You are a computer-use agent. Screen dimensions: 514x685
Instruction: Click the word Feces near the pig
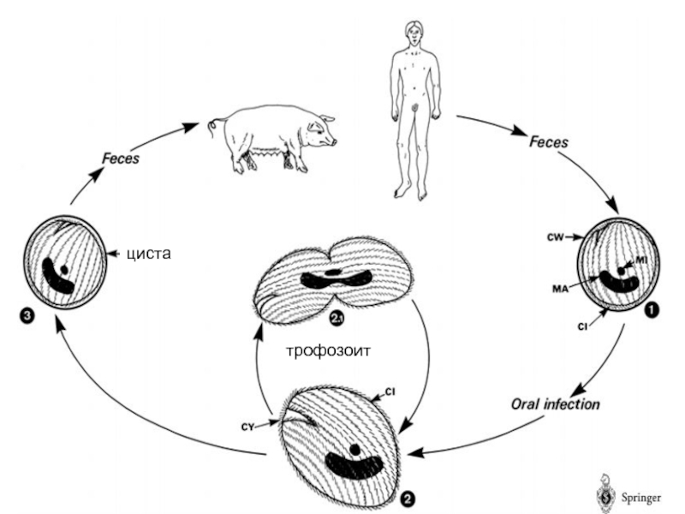(x=121, y=158)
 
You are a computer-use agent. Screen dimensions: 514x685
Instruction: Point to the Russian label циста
(x=149, y=254)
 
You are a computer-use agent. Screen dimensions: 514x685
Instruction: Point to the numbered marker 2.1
(x=336, y=320)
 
